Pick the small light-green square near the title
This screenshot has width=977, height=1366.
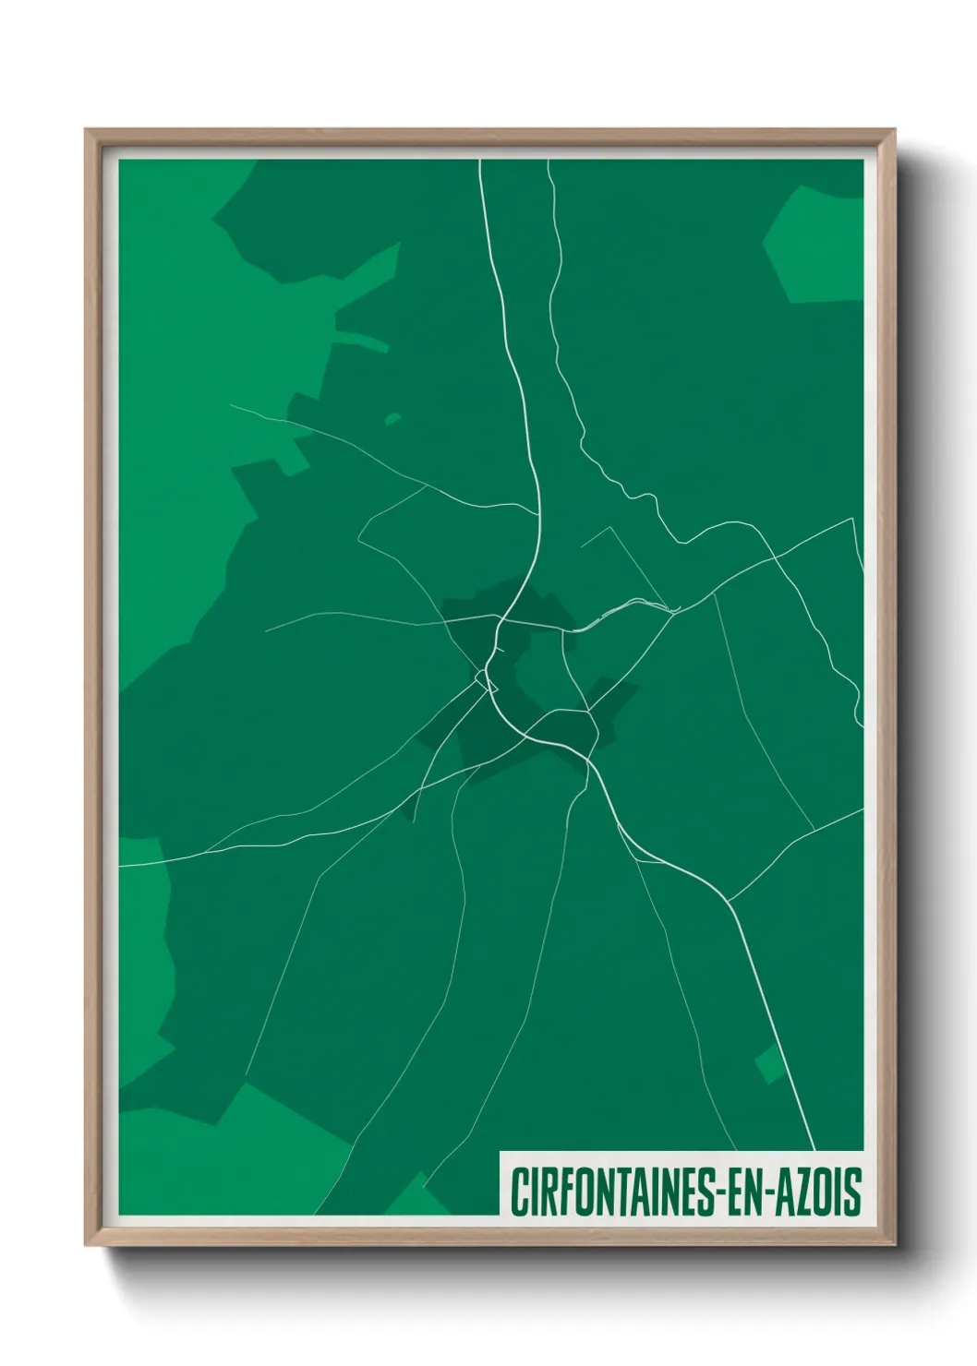point(768,1065)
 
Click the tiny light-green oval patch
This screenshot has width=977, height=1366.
point(392,419)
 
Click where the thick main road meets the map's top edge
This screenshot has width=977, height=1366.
point(479,161)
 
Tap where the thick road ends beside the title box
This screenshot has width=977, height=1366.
point(814,1148)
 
